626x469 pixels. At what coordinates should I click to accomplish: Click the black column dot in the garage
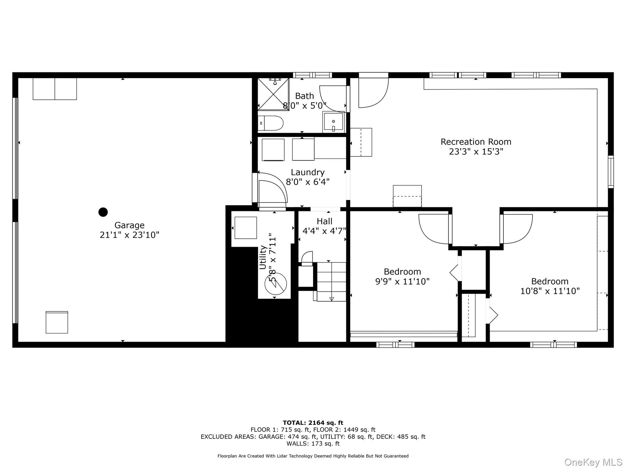[103, 212]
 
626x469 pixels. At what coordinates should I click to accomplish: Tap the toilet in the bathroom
[271, 123]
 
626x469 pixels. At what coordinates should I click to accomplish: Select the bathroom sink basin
[333, 122]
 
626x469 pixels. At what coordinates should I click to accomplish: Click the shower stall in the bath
[273, 94]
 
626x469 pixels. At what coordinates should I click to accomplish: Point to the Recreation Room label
[476, 142]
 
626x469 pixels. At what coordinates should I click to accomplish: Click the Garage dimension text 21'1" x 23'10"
[129, 235]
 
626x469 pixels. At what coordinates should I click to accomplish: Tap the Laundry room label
[307, 172]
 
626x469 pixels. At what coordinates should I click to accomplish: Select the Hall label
[324, 221]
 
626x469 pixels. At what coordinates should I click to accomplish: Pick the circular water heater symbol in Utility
[276, 283]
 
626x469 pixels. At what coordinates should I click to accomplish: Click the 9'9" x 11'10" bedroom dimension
[402, 281]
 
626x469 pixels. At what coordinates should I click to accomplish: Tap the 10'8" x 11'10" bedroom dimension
[550, 291]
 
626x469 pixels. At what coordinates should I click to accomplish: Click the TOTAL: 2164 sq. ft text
[313, 423]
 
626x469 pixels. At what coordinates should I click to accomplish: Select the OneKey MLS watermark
[593, 462]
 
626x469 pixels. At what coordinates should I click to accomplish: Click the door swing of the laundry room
[273, 189]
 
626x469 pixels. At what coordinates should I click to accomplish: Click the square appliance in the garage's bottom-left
[57, 322]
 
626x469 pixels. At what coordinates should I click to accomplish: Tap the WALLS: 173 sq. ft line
[313, 444]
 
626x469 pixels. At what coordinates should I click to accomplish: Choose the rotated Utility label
[263, 257]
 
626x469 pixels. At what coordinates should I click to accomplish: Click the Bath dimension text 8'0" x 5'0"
[305, 106]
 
